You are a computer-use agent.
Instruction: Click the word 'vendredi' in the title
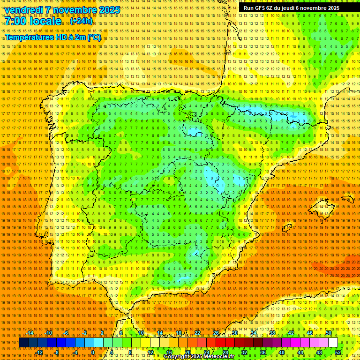pos(24,10)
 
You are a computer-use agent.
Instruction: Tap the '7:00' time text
pos(16,22)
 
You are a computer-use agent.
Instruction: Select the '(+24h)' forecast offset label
pos(81,22)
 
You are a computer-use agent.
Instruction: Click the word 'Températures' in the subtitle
pos(27,37)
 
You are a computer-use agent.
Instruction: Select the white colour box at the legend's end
pos(333,343)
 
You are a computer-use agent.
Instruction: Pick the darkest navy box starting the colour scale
pos(23,343)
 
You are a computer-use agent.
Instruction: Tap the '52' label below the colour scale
pos(338,352)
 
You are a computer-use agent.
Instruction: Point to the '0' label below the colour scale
pos(93,352)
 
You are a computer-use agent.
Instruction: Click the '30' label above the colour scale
pos(235,333)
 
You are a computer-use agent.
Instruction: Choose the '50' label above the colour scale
pos(329,333)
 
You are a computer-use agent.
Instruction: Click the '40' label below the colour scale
pos(281,352)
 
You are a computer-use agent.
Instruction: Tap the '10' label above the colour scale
pos(141,333)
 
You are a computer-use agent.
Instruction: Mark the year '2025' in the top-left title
pos(109,10)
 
